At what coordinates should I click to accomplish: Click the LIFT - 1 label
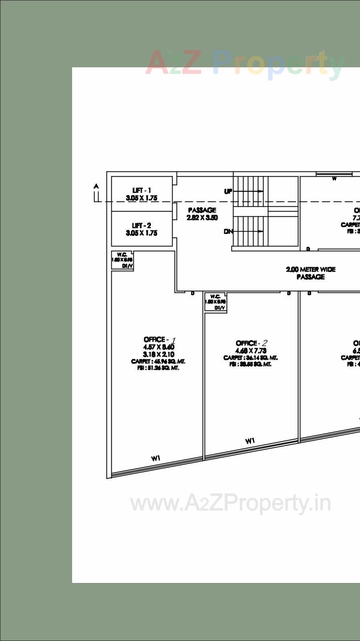tap(141, 190)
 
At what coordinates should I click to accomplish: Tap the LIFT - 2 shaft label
tap(141, 226)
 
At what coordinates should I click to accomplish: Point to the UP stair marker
tap(228, 191)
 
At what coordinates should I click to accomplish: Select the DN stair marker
tap(228, 232)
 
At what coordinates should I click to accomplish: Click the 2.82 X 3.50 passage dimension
tap(202, 218)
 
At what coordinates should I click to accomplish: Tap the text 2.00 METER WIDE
tap(311, 269)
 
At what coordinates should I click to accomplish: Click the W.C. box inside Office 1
tap(122, 260)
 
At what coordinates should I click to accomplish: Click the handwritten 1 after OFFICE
tap(173, 341)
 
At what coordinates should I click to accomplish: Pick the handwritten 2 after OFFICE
tap(264, 343)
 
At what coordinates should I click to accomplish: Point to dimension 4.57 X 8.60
tap(159, 347)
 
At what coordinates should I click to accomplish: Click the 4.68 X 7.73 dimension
tap(251, 351)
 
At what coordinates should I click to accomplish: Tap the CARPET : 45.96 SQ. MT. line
tap(158, 361)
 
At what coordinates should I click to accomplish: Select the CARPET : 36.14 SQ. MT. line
tap(250, 358)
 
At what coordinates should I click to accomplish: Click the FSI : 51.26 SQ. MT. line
tap(158, 368)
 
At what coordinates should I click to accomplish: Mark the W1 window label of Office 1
tap(156, 458)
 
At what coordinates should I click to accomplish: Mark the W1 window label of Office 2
tap(250, 441)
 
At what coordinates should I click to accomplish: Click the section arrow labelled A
tap(96, 187)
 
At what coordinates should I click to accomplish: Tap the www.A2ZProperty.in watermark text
tap(231, 503)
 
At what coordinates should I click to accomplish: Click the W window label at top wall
tap(334, 179)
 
